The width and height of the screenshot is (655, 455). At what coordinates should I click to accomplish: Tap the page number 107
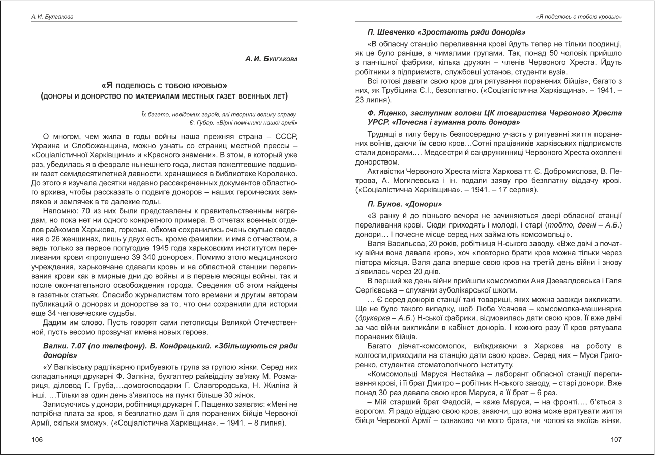[x=616, y=439]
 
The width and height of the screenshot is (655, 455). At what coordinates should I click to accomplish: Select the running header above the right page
[x=579, y=17]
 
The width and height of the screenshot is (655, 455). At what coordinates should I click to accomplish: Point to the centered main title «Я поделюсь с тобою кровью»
[x=164, y=85]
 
